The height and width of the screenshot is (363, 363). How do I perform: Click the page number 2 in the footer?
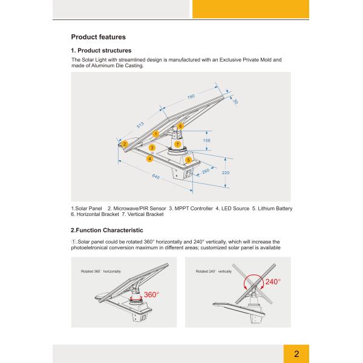296,354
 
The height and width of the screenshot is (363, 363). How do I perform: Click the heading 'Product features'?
98,37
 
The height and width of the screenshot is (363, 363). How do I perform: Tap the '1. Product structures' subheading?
101,50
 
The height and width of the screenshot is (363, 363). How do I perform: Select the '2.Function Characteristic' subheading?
107,230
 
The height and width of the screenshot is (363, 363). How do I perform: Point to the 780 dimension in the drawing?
191,97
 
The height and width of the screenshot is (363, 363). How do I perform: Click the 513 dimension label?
140,125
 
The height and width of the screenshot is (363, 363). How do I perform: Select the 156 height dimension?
207,140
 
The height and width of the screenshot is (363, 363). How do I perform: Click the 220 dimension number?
226,172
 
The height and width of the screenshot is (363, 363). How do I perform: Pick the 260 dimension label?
206,171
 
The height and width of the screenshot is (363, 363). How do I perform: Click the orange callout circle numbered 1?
155,134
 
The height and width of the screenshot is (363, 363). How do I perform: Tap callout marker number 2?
124,144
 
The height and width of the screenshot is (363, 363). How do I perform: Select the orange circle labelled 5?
189,160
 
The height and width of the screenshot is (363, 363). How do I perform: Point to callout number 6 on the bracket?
180,126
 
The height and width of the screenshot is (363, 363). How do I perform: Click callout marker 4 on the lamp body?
149,158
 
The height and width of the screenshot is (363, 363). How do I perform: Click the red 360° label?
151,295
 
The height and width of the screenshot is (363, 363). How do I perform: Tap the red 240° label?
273,282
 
